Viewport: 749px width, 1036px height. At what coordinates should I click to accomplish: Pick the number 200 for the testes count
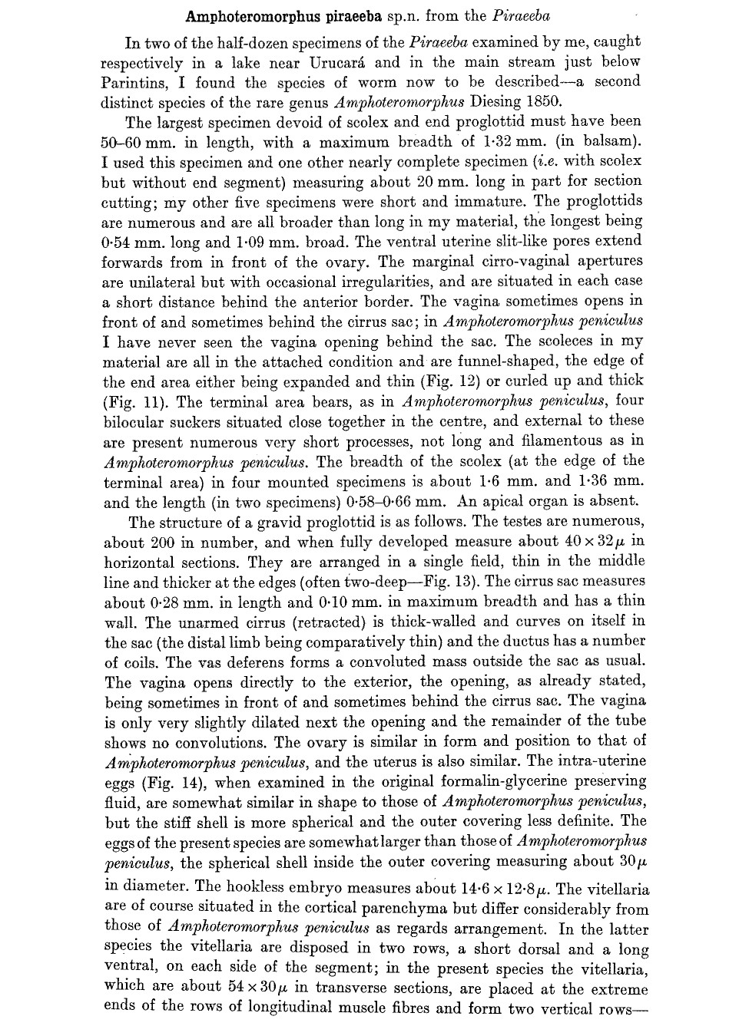coord(167,542)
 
